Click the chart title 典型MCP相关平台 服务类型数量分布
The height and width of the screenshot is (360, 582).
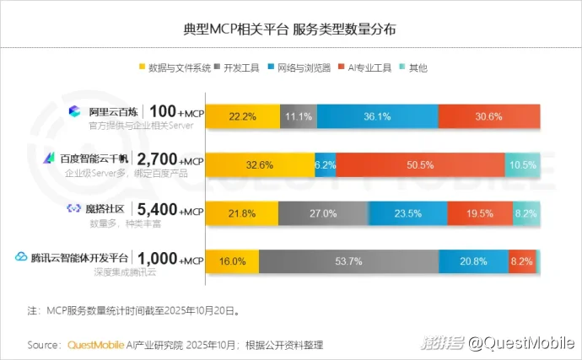pos(290,30)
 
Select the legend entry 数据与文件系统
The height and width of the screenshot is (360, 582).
pos(173,67)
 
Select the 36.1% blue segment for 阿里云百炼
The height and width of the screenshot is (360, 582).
pos(377,116)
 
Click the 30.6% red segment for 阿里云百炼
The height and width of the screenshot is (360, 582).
pos(488,116)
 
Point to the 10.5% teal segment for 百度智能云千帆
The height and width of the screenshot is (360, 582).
pos(522,164)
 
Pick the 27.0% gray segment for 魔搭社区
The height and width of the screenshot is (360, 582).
pos(323,212)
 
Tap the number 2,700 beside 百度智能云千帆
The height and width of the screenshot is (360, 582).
pos(155,159)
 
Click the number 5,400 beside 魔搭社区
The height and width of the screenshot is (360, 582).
pos(155,207)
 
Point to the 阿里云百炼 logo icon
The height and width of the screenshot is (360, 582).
pos(73,111)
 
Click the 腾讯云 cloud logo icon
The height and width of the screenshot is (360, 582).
pos(21,256)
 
